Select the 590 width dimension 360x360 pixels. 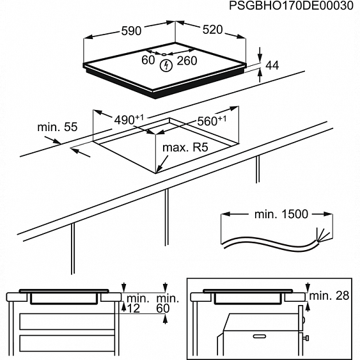(132, 29)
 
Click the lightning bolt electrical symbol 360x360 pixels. (166, 65)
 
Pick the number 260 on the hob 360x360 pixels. (187, 61)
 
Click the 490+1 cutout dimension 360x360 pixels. (130, 120)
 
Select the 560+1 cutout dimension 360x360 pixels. (212, 120)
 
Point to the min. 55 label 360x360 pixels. (58, 127)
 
